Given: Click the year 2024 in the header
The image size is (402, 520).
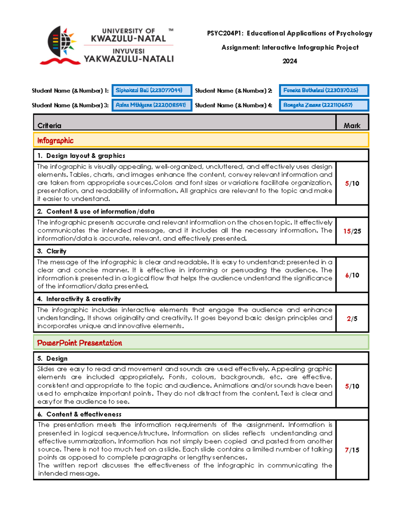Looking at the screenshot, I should [289, 61].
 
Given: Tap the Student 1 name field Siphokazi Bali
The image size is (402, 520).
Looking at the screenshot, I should [152, 90].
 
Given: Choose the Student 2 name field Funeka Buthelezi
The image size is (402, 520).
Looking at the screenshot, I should [324, 90].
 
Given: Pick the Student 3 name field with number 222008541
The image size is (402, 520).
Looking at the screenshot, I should [152, 105].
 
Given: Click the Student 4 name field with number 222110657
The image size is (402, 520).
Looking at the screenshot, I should [324, 105].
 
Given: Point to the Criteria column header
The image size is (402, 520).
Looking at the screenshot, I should [49, 126].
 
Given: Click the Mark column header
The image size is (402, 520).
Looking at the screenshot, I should [352, 126].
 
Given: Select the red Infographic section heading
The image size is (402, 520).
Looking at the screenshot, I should [55, 141].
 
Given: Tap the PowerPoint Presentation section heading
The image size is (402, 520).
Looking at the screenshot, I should [79, 343].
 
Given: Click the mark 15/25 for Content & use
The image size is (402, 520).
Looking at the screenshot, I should [352, 231].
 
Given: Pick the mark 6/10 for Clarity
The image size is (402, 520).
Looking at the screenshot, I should [352, 275].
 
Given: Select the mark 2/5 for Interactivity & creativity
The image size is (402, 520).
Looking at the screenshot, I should [352, 319].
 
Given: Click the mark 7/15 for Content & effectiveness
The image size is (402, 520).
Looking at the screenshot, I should [352, 450].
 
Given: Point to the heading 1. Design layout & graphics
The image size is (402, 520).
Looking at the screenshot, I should [81, 156].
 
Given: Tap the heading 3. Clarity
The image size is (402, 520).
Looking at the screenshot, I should [52, 251].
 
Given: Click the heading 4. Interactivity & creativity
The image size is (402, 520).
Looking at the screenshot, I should [79, 299].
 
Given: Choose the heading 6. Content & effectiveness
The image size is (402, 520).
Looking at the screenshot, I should [79, 414].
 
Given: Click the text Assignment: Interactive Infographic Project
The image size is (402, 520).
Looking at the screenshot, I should [290, 48].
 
